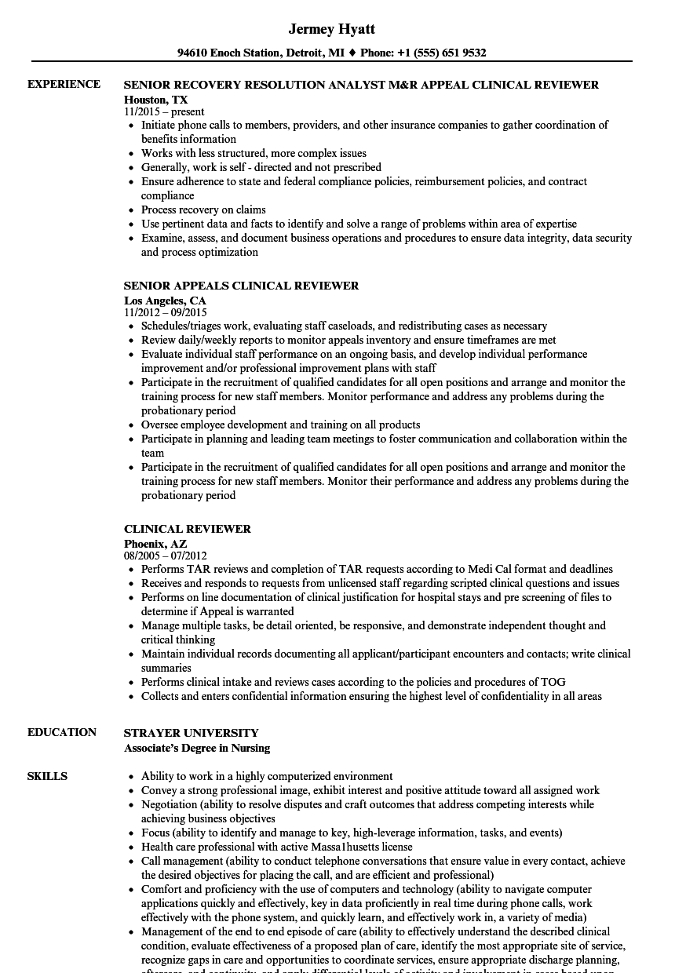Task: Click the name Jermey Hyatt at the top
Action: [x=331, y=29]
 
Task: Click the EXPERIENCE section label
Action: [x=64, y=84]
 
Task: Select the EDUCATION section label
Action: [x=62, y=732]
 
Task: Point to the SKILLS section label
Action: [x=47, y=776]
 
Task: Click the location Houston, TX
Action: [x=155, y=99]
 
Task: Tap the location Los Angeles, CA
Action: [x=165, y=300]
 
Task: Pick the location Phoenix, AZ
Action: [x=155, y=543]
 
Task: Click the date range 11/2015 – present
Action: [x=164, y=112]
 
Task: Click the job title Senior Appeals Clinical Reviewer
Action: [x=241, y=286]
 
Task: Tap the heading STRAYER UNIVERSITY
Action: [x=191, y=733]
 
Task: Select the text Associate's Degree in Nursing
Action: [x=196, y=748]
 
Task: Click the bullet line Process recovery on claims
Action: [x=203, y=210]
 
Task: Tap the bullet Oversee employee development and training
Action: [x=280, y=425]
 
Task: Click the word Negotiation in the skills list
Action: [x=169, y=804]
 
